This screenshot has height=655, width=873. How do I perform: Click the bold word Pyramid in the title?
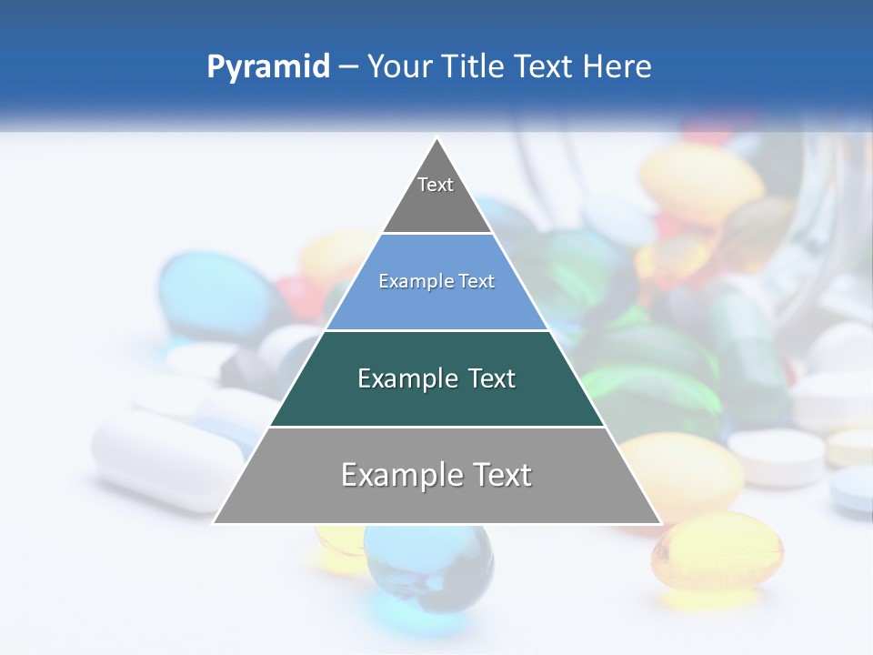point(268,66)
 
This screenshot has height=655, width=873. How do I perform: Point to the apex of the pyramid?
point(437,139)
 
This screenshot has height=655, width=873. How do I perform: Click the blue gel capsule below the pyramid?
point(428,569)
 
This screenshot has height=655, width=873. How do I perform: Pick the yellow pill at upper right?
point(700,182)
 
